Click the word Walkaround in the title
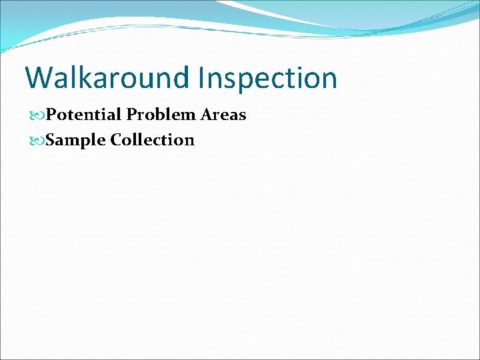tap(107, 78)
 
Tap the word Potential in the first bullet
tap(84, 115)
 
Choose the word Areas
tap(223, 115)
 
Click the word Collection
tap(153, 140)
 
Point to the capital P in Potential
tap(52, 115)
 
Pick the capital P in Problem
tap(131, 115)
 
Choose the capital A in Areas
tap(206, 115)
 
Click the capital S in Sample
tap(51, 140)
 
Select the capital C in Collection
tap(117, 140)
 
